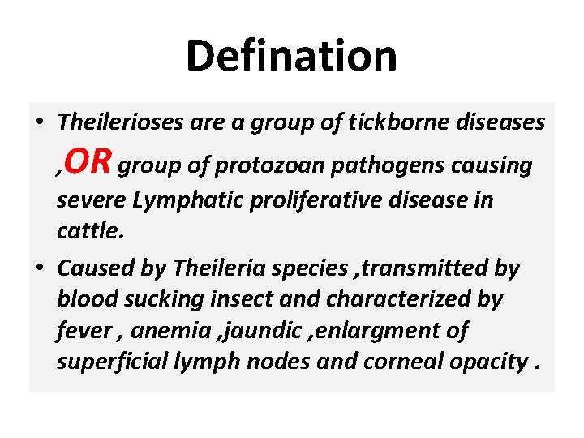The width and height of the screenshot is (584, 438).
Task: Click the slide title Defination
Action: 291,56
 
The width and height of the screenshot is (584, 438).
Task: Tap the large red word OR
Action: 88,162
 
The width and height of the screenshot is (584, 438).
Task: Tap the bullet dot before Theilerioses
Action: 40,123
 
